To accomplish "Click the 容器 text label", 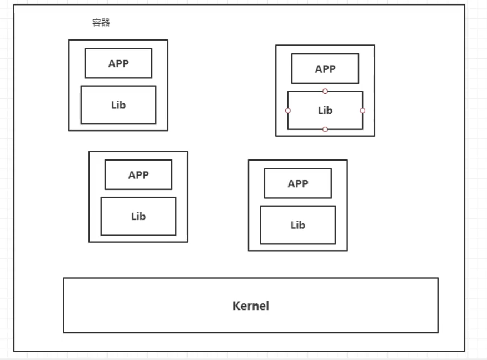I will [x=101, y=23].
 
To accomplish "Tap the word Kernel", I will [x=251, y=306].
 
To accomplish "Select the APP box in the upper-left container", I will [x=118, y=63].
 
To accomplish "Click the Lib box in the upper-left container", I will [x=118, y=104].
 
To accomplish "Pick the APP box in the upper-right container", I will [x=325, y=69].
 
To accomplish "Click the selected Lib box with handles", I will [x=325, y=111].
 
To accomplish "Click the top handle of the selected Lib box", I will [x=325, y=91].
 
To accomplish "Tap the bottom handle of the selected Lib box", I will [x=325, y=129].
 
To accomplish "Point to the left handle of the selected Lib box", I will [x=288, y=111].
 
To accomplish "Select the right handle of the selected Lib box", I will [x=362, y=111].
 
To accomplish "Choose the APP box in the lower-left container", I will [x=138, y=175].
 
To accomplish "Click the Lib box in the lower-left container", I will [x=138, y=216].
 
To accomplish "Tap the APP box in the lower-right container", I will [x=297, y=184].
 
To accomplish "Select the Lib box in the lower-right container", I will [x=297, y=225].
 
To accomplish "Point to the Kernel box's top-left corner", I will [x=64, y=278].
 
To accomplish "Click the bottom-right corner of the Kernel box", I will [x=438, y=332].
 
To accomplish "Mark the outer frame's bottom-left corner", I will [x=14, y=351].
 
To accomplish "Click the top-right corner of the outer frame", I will [x=465, y=5].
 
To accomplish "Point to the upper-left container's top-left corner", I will [x=69, y=40].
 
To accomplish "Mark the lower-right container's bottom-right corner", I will [x=347, y=251].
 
